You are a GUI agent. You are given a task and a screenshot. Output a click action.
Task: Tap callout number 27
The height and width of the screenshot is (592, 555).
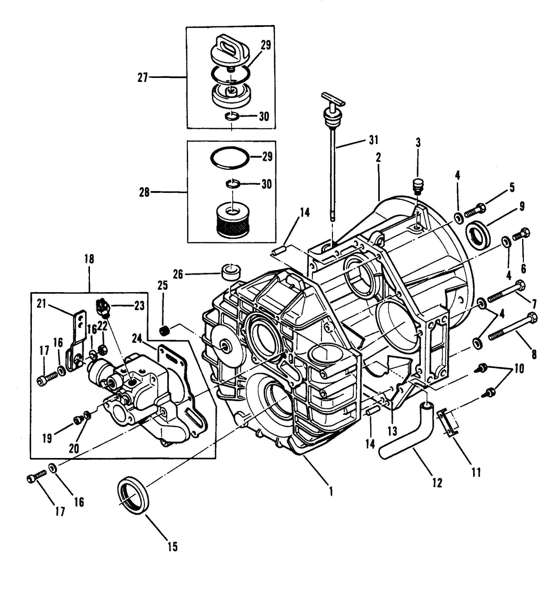point(143,78)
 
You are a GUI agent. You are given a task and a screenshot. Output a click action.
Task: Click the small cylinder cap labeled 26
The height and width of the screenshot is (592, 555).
point(231,271)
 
